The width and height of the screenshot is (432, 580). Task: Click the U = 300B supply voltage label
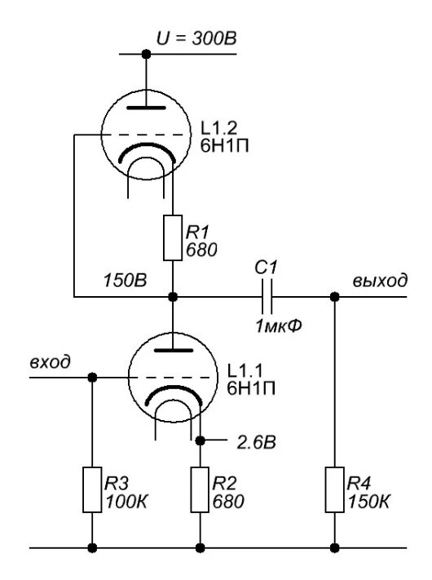(x=196, y=39)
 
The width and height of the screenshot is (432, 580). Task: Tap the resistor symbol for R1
(x=173, y=237)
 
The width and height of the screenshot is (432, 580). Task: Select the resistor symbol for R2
(x=200, y=489)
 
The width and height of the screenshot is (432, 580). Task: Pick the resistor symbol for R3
(x=92, y=489)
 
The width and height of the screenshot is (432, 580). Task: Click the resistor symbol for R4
(x=334, y=489)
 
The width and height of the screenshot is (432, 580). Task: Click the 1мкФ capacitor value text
(x=279, y=325)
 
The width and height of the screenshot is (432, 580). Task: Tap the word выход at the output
(x=381, y=281)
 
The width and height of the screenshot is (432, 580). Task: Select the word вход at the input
(x=51, y=361)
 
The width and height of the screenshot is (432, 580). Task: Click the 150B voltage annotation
(x=125, y=281)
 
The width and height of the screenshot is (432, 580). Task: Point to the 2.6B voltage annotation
(x=257, y=442)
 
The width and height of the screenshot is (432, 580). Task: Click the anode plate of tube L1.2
(x=147, y=108)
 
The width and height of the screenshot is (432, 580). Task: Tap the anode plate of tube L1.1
(x=174, y=350)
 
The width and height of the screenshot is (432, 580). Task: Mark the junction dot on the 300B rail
(x=147, y=55)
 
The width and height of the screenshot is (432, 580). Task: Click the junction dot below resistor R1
(x=173, y=297)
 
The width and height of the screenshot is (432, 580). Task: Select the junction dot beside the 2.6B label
(x=200, y=441)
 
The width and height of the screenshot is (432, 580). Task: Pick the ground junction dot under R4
(x=334, y=548)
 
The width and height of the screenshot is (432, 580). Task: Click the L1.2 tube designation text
(x=218, y=128)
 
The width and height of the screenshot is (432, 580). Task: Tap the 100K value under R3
(x=127, y=502)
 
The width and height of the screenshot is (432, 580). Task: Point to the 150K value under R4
(x=368, y=502)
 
